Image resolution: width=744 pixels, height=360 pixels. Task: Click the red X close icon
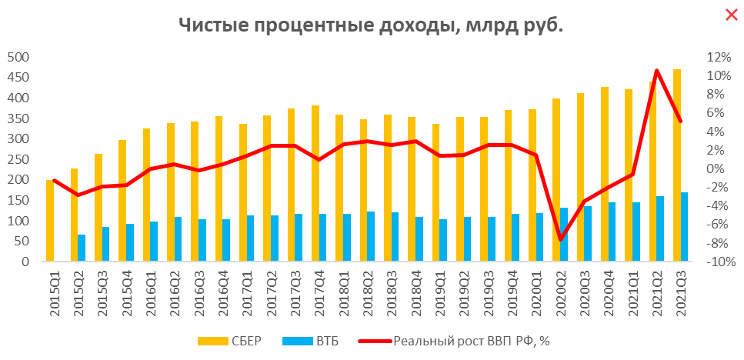click(731, 14)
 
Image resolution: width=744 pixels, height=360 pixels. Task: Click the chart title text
click(372, 25)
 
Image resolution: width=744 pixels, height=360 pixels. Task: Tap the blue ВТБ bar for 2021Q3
click(685, 227)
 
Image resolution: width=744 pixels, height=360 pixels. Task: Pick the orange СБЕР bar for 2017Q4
click(315, 183)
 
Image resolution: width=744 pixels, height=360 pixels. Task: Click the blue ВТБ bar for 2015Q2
click(82, 248)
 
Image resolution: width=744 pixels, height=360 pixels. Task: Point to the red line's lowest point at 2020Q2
click(561, 239)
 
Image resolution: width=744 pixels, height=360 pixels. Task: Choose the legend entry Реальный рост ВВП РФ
click(462, 340)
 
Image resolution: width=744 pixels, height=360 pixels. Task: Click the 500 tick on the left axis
click(18, 57)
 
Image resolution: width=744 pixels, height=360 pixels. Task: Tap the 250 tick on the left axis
click(18, 159)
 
